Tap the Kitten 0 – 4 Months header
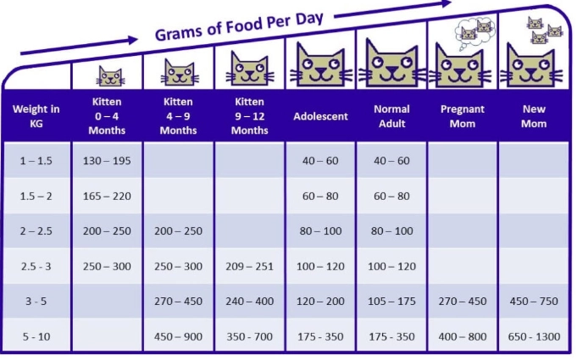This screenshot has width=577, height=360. [107, 116]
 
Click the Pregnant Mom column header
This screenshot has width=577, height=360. [463, 116]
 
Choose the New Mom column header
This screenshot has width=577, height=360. [534, 116]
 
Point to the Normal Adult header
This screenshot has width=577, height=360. [391, 116]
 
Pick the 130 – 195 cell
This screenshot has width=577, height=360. [107, 161]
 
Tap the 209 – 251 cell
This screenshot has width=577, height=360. [249, 266]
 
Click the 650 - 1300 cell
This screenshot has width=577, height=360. [534, 336]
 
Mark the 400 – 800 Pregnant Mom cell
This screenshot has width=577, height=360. [463, 336]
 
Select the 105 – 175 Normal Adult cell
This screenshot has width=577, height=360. [391, 301]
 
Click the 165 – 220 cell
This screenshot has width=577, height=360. [107, 196]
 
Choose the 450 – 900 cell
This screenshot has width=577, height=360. [178, 336]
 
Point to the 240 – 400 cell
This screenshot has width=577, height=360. [249, 301]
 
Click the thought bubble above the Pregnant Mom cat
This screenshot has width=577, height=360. [474, 30]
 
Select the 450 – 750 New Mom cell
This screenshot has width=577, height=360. [534, 301]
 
